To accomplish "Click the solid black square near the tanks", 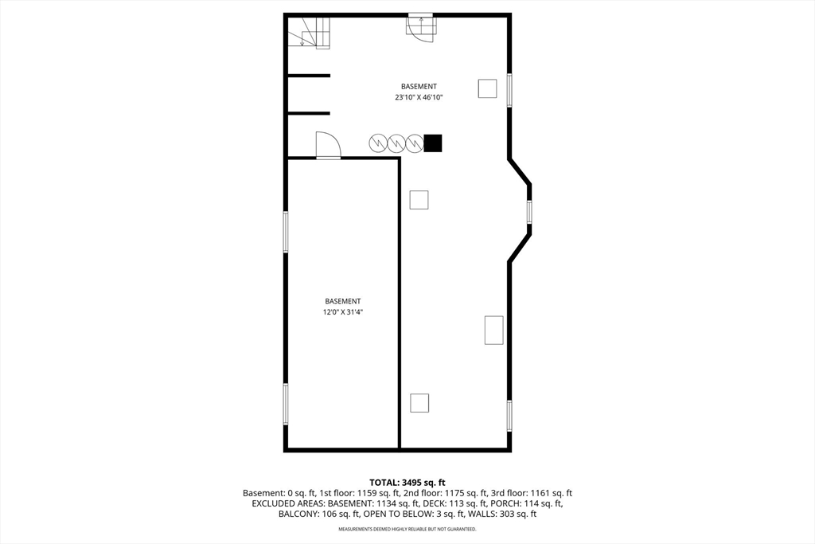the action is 432,143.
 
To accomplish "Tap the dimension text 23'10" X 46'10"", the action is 419,97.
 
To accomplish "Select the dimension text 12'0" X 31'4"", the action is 342,312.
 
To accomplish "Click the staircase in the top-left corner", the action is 309,32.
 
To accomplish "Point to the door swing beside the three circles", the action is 328,145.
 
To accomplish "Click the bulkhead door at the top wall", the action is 421,28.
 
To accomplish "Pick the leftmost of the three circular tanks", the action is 378,143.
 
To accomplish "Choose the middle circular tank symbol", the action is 396,143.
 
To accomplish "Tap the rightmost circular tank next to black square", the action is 414,143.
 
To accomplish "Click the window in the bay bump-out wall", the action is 529,212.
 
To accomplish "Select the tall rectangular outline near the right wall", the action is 493,330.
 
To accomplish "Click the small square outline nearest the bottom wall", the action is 419,403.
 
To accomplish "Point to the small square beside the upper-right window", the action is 487,88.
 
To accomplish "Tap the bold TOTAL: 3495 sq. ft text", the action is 407,483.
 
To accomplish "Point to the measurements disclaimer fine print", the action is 407,530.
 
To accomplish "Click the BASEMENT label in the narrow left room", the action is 342,301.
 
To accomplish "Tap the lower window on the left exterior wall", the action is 286,404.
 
